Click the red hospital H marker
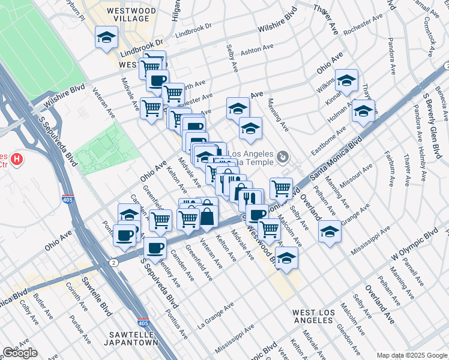17,160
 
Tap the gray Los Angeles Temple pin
283,158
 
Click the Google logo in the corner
20,353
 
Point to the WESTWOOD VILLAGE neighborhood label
127,15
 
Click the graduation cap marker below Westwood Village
106,38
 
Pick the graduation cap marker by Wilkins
346,81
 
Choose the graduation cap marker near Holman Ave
363,110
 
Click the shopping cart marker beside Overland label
281,188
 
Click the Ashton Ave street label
257,49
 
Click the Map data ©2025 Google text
411,355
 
